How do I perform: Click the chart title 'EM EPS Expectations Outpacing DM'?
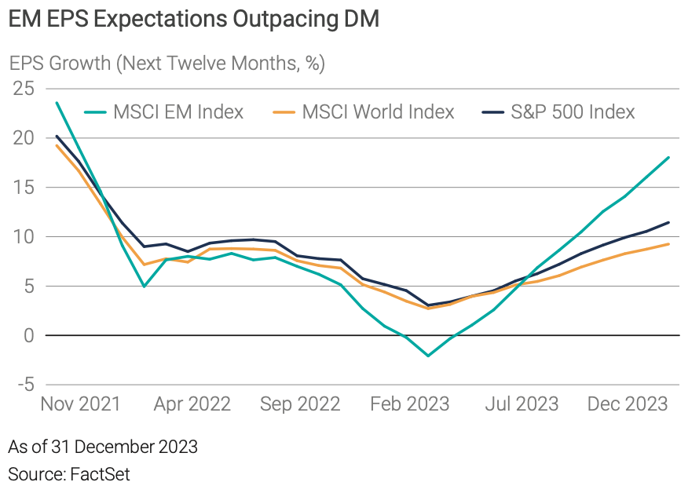tap(193, 20)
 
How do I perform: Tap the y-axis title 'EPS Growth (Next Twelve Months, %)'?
tap(167, 64)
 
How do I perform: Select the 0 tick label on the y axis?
tap(29, 335)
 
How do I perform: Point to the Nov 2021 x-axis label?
tap(80, 404)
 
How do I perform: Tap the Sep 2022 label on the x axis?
tap(299, 404)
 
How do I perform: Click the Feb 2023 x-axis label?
tap(409, 404)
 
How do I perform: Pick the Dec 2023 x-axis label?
tap(628, 404)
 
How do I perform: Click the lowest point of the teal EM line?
tap(428, 356)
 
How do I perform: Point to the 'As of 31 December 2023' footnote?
tap(103, 447)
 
